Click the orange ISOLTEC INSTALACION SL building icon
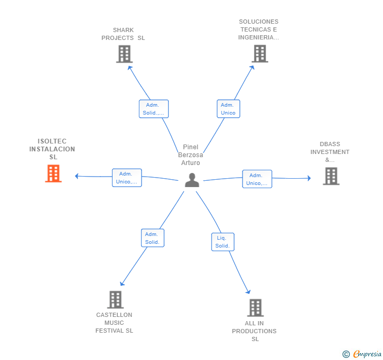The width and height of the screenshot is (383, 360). pyautogui.click(x=53, y=174)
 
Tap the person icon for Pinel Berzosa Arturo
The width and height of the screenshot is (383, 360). pyautogui.click(x=192, y=180)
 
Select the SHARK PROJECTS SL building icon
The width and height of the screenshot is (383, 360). pyautogui.click(x=124, y=54)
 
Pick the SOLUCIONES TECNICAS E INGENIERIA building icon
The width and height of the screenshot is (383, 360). pyautogui.click(x=259, y=54)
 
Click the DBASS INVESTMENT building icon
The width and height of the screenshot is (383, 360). pyautogui.click(x=331, y=176)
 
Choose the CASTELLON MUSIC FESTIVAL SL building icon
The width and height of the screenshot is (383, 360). pyautogui.click(x=115, y=300)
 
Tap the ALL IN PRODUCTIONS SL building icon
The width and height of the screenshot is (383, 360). pyautogui.click(x=255, y=307)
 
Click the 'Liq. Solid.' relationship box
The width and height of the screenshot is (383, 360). pyautogui.click(x=223, y=242)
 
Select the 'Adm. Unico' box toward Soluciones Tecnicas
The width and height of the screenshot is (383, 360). pyautogui.click(x=228, y=109)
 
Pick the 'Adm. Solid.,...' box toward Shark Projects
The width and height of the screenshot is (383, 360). pyautogui.click(x=154, y=109)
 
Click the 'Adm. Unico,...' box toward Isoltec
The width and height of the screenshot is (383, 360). pyautogui.click(x=127, y=178)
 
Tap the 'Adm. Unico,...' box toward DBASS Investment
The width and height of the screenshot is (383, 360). pyautogui.click(x=257, y=179)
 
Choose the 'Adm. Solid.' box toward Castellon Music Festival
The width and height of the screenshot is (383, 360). pyautogui.click(x=153, y=238)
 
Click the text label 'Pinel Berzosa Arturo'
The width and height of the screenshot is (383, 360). pyautogui.click(x=190, y=155)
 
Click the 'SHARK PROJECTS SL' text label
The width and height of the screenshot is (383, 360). pyautogui.click(x=123, y=34)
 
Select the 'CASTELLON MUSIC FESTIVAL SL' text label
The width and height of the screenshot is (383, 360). pyautogui.click(x=114, y=323)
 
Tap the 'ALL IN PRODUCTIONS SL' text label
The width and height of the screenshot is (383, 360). pyautogui.click(x=254, y=331)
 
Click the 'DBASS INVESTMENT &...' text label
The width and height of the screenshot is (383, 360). pyautogui.click(x=330, y=152)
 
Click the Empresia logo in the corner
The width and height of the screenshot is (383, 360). pyautogui.click(x=362, y=354)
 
